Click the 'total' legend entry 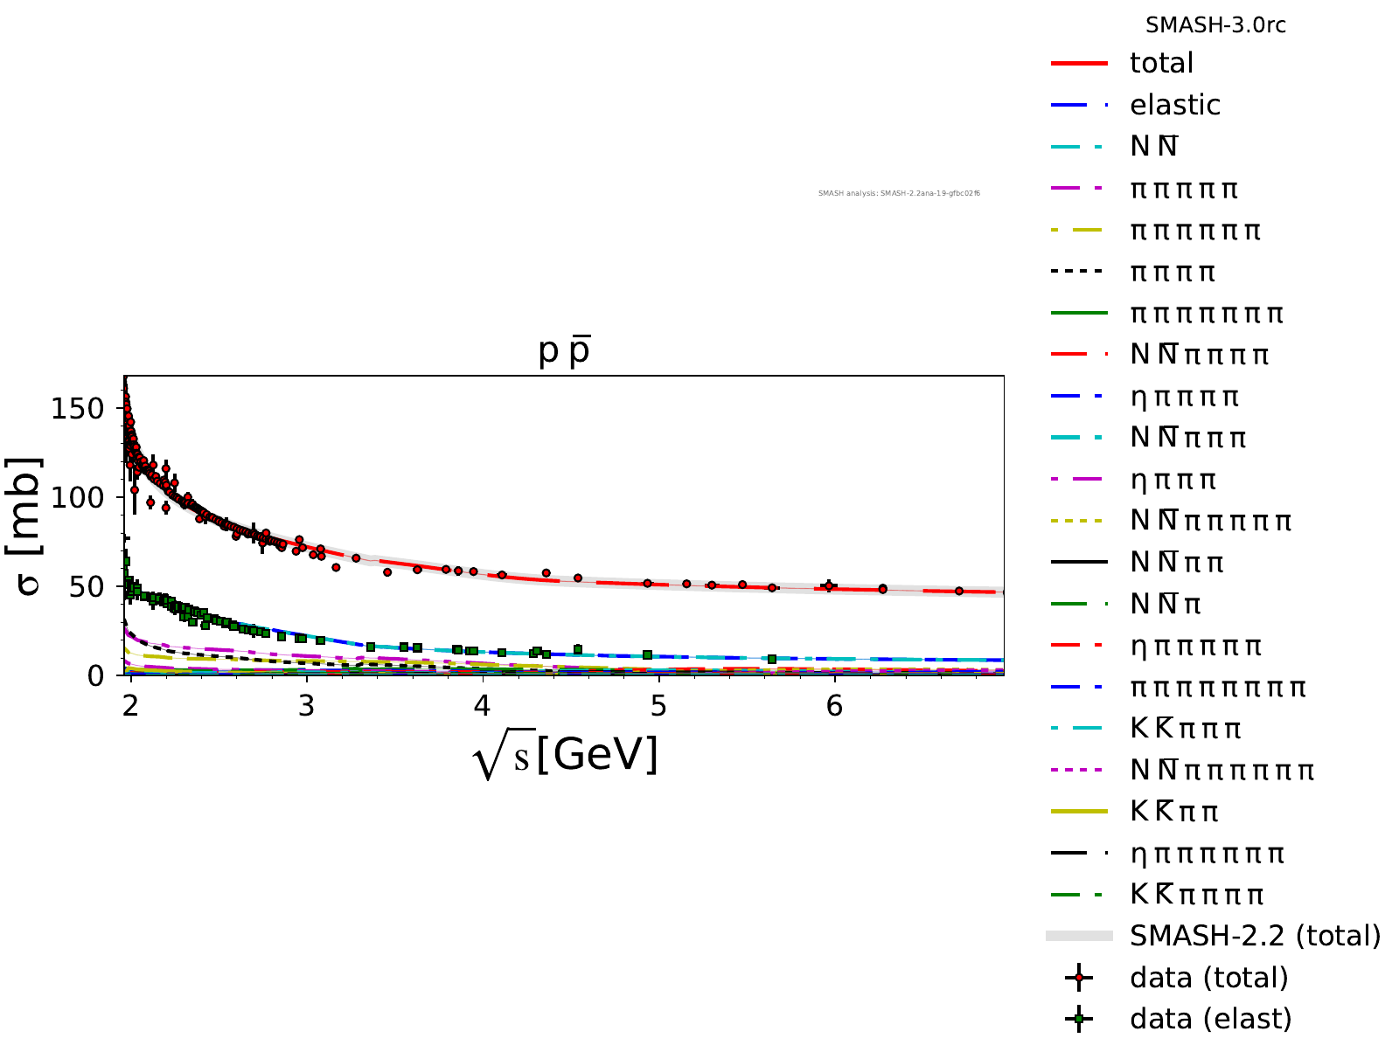[1161, 63]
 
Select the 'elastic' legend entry [1174, 105]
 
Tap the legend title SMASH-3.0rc [1215, 25]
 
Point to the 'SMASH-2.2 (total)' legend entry [1255, 936]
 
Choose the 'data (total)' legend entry [1208, 978]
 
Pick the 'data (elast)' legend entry [1210, 1019]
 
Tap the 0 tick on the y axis [95, 675]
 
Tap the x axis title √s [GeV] [565, 755]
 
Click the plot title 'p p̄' [564, 351]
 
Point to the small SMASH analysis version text [899, 193]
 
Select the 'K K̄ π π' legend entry [1173, 812]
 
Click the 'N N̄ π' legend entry [1166, 604]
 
